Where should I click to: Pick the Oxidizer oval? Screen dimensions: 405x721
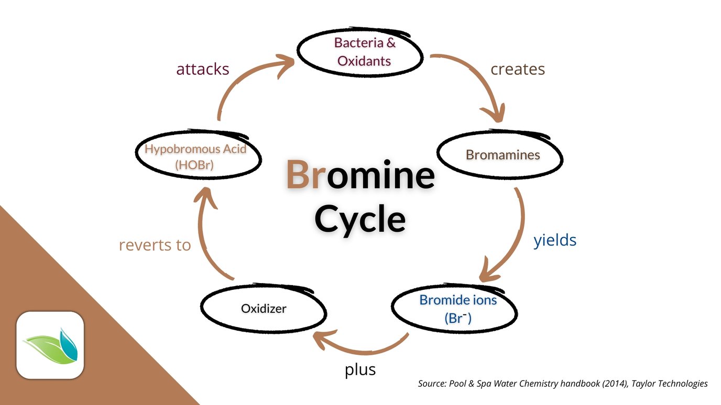point(263,309)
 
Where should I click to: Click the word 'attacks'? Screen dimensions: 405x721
point(202,69)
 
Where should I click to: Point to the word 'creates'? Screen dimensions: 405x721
point(517,69)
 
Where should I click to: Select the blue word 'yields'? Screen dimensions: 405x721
point(554,240)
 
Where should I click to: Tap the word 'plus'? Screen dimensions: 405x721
point(360,369)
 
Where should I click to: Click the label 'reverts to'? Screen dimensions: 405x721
point(155,244)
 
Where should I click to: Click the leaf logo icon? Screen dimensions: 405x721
point(50,345)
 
